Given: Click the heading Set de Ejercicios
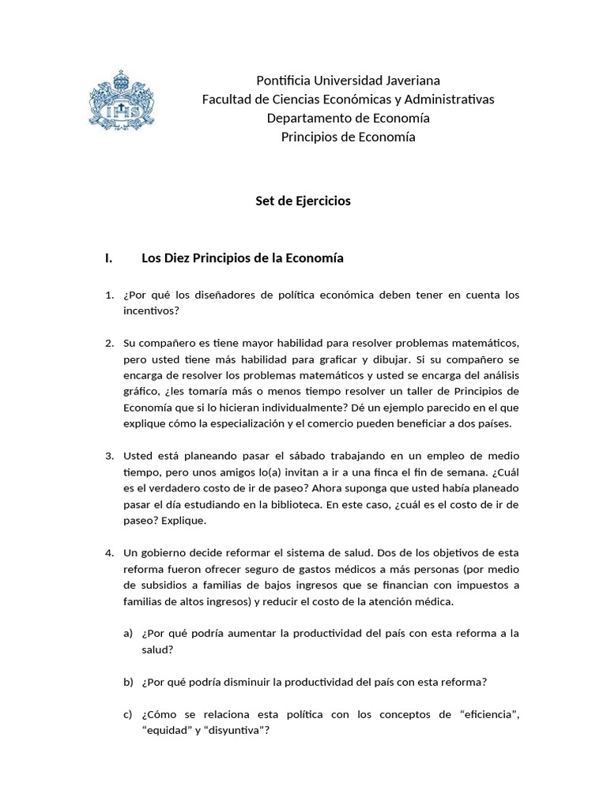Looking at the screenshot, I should pyautogui.click(x=303, y=201).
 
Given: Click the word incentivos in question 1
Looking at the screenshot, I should pyautogui.click(x=150, y=310).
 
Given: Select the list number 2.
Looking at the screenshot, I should pyautogui.click(x=110, y=343).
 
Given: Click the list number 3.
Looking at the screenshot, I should pyautogui.click(x=110, y=456).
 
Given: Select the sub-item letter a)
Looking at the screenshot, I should pyautogui.click(x=128, y=634).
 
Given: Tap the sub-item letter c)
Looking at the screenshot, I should pyautogui.click(x=128, y=715).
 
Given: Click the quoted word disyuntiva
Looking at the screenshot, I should pyautogui.click(x=235, y=732).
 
